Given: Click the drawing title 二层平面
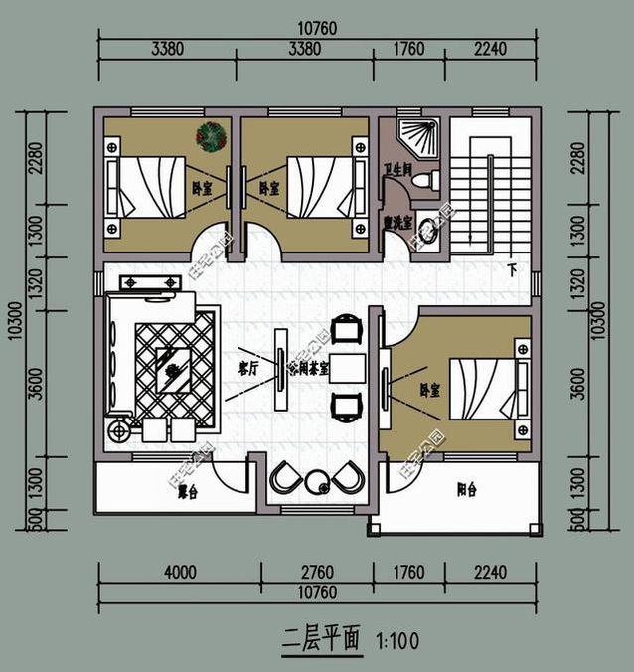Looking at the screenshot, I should [321, 637].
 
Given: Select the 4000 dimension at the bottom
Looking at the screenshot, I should [180, 572].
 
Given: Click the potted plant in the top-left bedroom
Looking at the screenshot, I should [211, 134].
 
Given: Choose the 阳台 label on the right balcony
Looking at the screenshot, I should [465, 489].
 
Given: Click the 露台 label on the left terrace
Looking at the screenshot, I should [187, 491].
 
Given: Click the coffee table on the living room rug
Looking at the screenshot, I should [174, 367].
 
